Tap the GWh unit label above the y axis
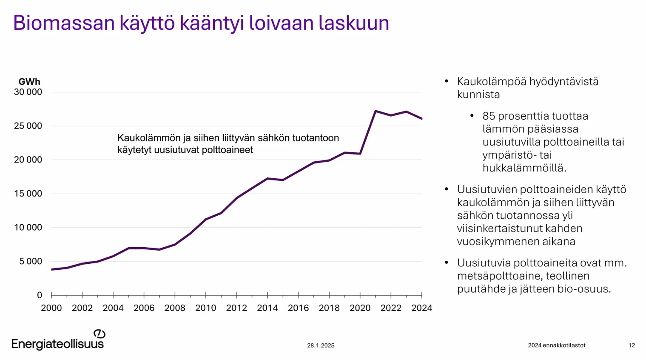point(29,81)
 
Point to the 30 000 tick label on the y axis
point(28,92)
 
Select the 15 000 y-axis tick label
point(28,194)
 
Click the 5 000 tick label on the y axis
point(31,261)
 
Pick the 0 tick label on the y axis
point(40,295)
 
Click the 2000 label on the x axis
point(51,308)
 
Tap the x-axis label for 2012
point(236,308)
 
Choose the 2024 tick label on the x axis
point(421,308)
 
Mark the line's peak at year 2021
point(376,111)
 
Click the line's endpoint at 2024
point(421,119)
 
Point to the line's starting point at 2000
point(52,269)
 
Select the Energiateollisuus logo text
point(57,344)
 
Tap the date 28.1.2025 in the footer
point(321,346)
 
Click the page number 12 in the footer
point(632,346)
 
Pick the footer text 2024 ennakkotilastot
point(556,346)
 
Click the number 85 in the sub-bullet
point(489,116)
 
